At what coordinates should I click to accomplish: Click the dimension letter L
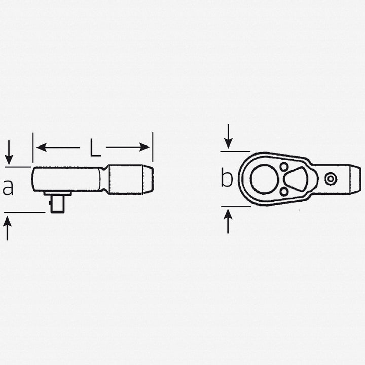click(x=95, y=148)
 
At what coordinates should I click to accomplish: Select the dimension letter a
click(x=8, y=188)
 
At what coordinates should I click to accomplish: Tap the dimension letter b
click(x=227, y=178)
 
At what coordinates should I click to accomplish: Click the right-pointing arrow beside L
click(x=129, y=148)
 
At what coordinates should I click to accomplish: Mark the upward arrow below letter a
click(x=8, y=228)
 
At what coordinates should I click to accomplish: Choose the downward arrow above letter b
click(x=228, y=135)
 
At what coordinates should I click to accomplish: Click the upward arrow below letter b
click(x=228, y=221)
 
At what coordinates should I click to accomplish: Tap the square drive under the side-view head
click(x=57, y=203)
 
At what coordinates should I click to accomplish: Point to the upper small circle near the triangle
click(x=284, y=167)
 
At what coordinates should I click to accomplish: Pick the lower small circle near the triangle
click(x=284, y=192)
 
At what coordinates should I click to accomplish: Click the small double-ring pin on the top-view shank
click(x=331, y=178)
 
